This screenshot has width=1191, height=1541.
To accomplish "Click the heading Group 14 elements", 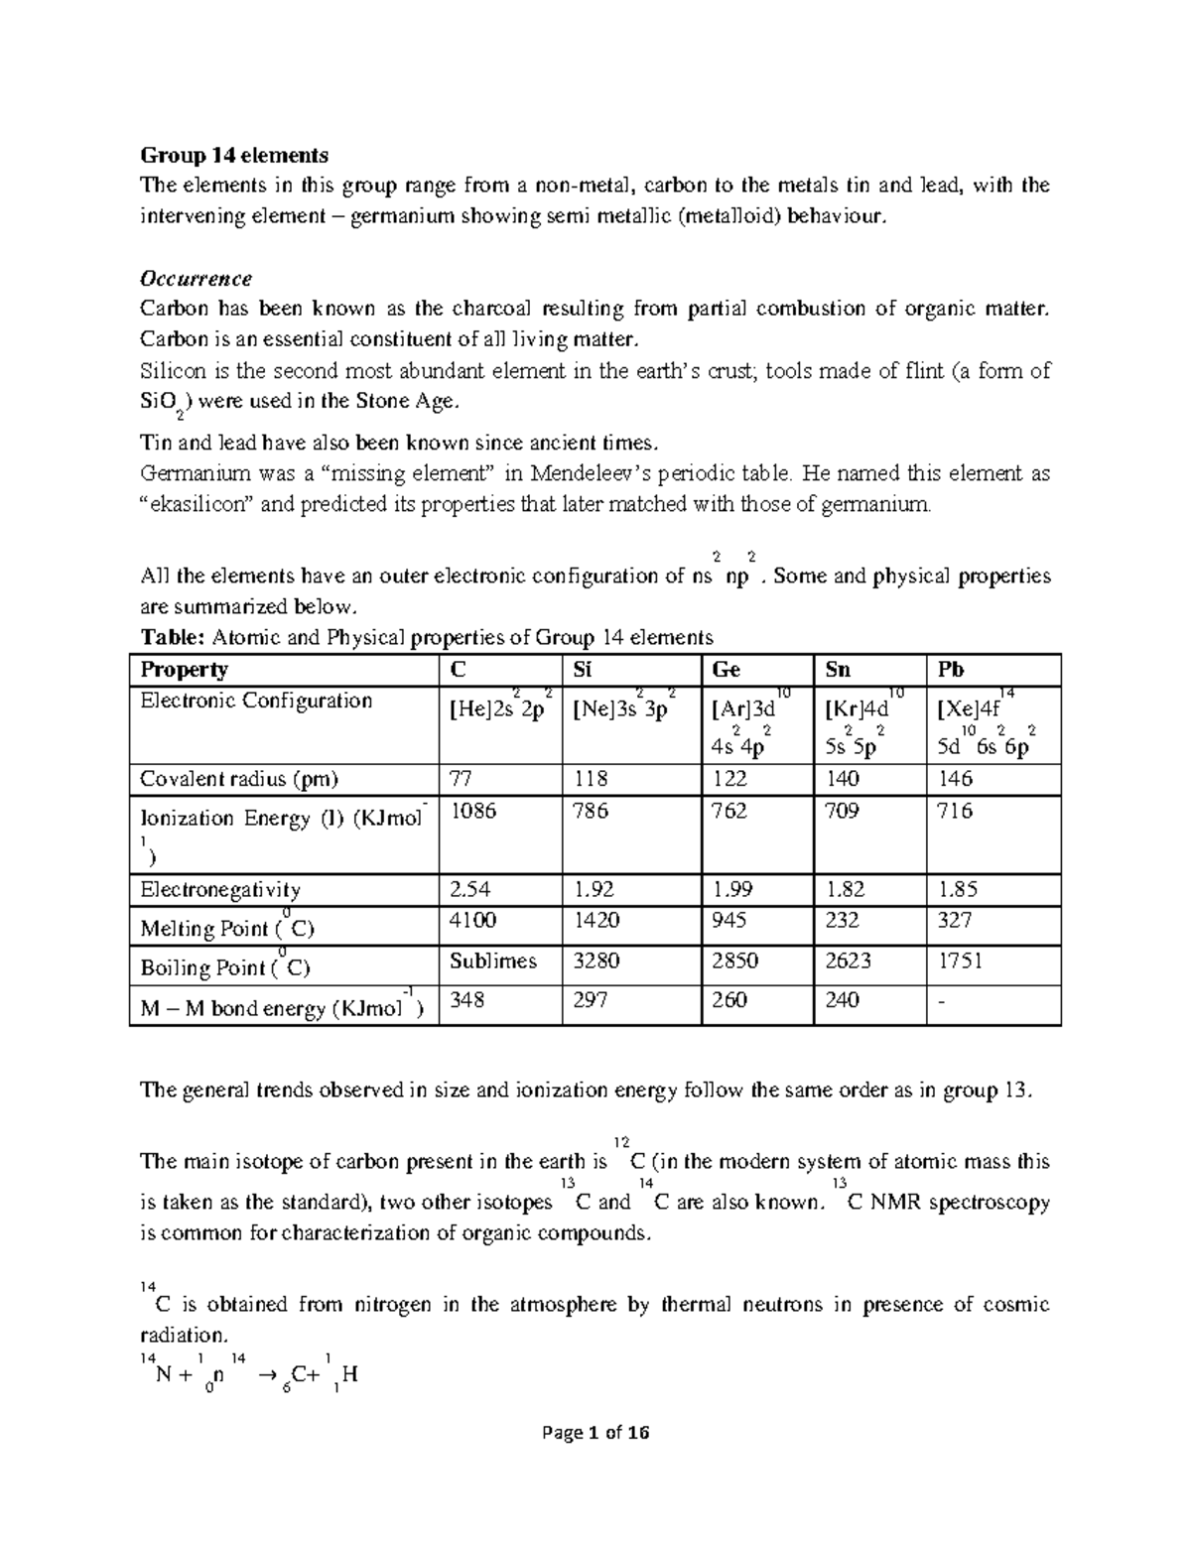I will pos(233,155).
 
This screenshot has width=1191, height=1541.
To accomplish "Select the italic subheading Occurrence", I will pos(196,278).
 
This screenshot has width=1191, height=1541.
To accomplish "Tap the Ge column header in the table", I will pos(727,670).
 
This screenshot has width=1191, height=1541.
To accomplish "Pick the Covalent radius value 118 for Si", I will pos(592,778).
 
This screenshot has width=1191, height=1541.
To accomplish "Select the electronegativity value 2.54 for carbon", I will pos(469,889).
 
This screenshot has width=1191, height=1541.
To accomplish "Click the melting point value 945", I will pos(729,920).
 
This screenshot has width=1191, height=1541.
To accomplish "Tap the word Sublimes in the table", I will pos(492,961).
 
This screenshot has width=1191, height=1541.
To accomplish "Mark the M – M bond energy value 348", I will pos(467,1000).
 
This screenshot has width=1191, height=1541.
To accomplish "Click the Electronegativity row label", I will pos(220,890).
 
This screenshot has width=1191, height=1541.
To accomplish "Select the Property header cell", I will pos(185,670).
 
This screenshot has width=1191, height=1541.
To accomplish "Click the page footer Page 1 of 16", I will pos(595,1433).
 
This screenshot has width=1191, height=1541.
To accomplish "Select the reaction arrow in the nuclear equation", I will pos(266,1375).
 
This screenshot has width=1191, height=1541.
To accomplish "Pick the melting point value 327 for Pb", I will pos(954,920).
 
